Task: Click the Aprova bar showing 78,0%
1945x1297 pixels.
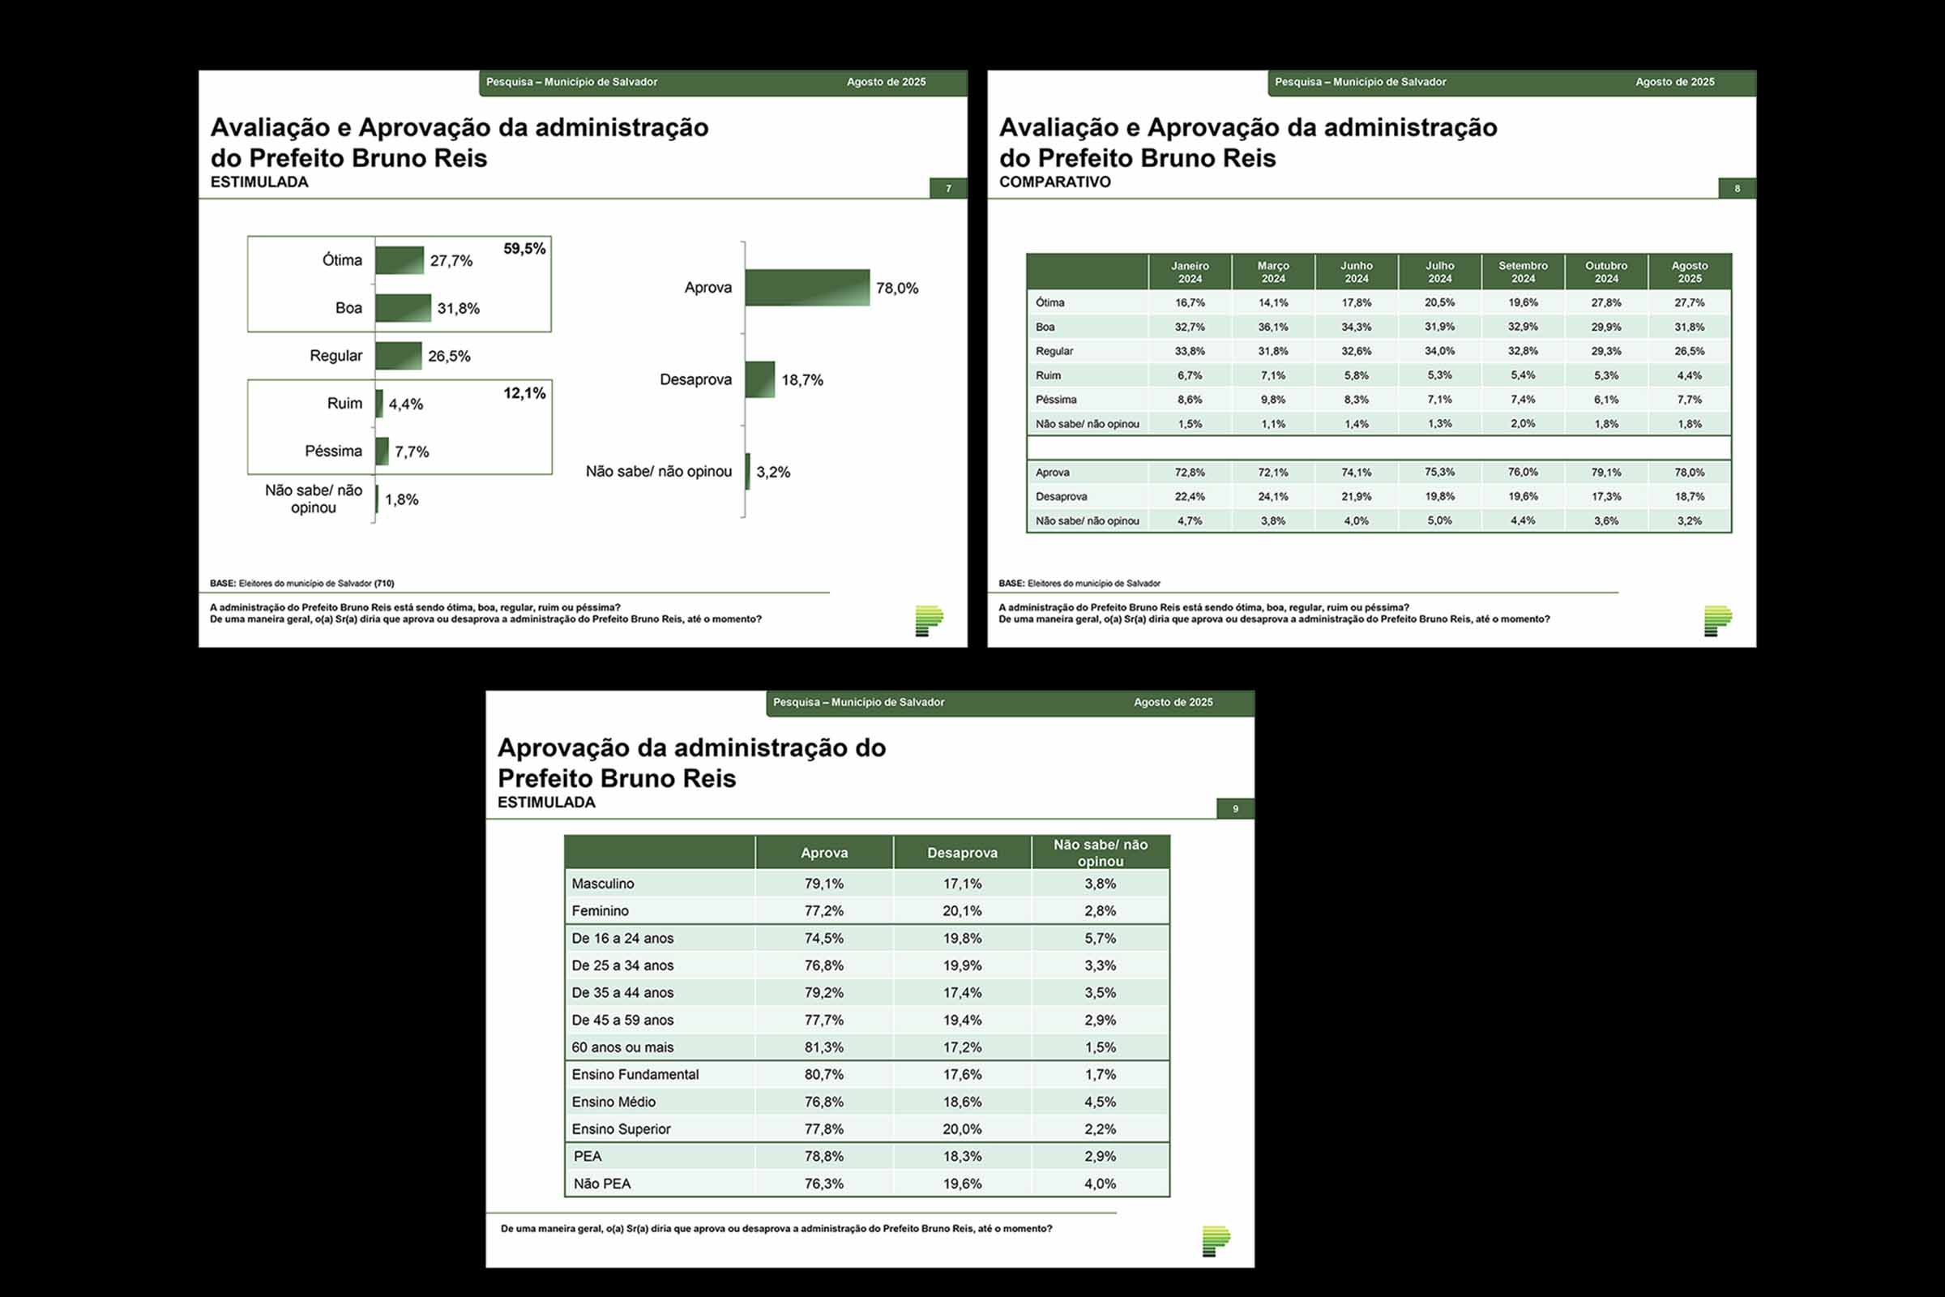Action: tap(807, 288)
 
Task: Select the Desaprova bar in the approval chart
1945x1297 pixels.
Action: tap(760, 379)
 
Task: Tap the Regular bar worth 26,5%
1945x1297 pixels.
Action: tap(399, 356)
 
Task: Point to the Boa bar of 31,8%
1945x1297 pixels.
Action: tap(403, 308)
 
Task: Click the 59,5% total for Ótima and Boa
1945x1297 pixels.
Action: tap(524, 249)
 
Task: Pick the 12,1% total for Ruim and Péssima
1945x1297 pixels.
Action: tap(524, 393)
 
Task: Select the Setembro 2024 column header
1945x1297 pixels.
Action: tap(1523, 272)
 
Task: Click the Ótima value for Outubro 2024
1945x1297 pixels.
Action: tap(1606, 302)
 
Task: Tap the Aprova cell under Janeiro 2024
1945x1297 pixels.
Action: tap(1190, 473)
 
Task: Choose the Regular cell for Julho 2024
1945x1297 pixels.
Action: tap(1440, 351)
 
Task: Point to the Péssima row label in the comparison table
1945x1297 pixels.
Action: tap(1056, 400)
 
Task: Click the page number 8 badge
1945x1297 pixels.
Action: tap(1737, 189)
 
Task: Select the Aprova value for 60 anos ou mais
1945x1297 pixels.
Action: tap(823, 1047)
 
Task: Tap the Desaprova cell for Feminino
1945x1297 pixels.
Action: tap(962, 910)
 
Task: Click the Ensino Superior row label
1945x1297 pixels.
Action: tap(621, 1129)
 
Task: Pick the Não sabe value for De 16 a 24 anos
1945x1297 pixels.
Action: tap(1100, 938)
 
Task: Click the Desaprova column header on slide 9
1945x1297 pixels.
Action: tap(962, 853)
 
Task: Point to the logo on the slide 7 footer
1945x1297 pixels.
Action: tap(929, 620)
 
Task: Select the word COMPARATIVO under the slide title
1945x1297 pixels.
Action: tap(1054, 182)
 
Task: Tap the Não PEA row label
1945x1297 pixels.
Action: tap(602, 1184)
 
